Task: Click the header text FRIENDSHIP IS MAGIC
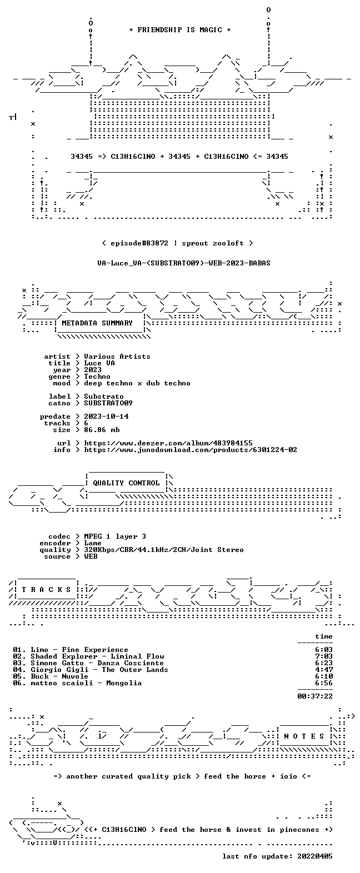[x=180, y=30]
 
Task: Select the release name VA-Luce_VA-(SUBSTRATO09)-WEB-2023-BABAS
[x=184, y=263]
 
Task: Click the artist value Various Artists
[x=117, y=357]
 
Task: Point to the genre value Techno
[x=97, y=377]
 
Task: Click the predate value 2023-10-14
[x=106, y=417]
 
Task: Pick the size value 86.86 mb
[x=102, y=430]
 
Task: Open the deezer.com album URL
[x=168, y=443]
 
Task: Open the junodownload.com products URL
[x=191, y=450]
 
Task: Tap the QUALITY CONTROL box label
[x=126, y=483]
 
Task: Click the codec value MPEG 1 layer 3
[x=115, y=536]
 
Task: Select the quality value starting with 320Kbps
[x=164, y=550]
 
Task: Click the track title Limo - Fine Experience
[x=79, y=650]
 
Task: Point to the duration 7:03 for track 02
[x=324, y=656]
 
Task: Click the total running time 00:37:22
[x=315, y=696]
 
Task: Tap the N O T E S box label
[x=304, y=736]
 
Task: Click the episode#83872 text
[x=139, y=243]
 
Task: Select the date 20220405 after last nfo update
[x=315, y=856]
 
